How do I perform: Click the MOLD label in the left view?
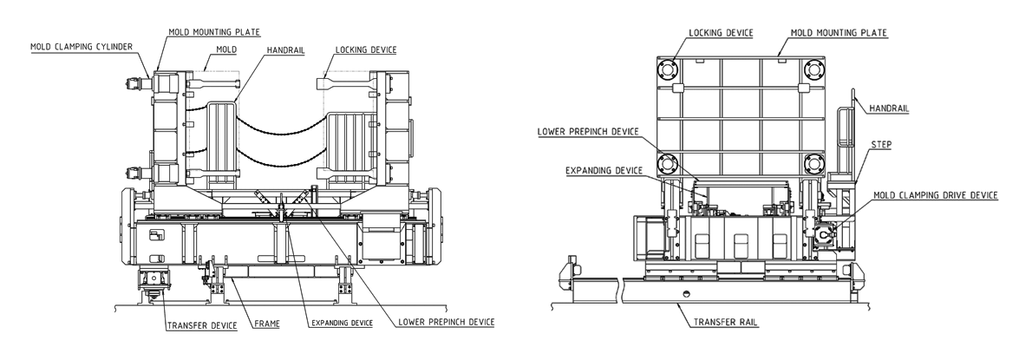pyautogui.click(x=214, y=50)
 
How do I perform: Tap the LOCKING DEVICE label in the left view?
pyautogui.click(x=361, y=50)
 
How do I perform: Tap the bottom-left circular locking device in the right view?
pyautogui.click(x=671, y=162)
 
